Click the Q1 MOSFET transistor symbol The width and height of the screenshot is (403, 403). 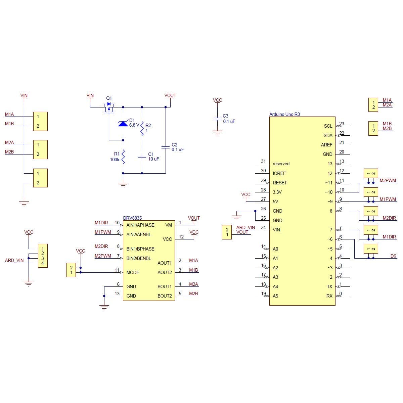pos(109,108)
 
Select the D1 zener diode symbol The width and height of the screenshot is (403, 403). pos(123,124)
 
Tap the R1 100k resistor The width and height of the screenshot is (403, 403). pos(123,157)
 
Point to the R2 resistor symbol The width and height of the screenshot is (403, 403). pos(142,128)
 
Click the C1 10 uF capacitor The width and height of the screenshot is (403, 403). pos(142,156)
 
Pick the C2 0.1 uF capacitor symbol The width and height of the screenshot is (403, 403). pos(166,147)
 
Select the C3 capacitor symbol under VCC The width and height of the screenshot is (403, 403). pos(217,119)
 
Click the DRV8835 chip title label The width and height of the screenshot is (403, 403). pos(132,218)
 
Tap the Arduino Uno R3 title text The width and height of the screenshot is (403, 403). pos(284,114)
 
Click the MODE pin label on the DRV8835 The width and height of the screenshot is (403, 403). pos(133,272)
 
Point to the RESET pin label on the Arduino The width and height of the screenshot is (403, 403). pos(280,183)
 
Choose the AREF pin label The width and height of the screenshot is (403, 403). pos(326,145)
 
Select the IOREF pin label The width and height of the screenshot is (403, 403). pos(279,173)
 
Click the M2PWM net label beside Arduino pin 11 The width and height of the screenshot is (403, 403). pos(388,180)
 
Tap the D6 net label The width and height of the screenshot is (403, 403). pos(393,256)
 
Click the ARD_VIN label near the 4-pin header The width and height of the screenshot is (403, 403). pos(14,260)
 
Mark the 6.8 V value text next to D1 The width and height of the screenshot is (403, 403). pos(134,125)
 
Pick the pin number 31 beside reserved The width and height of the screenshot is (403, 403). pos(263,162)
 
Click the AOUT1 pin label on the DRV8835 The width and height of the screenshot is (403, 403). pos(165,263)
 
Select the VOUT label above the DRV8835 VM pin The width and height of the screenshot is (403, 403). pos(194,218)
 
